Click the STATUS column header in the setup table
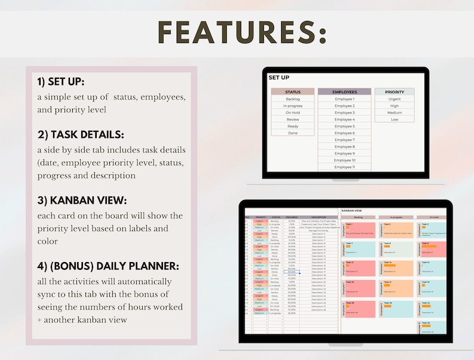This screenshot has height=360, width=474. [293, 92]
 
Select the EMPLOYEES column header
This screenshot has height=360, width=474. [344, 92]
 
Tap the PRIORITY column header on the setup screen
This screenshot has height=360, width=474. [395, 92]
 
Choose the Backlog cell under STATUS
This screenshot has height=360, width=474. [293, 99]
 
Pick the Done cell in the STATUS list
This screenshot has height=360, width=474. [293, 133]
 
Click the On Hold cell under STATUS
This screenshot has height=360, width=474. [293, 112]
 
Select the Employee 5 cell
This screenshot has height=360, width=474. [344, 126]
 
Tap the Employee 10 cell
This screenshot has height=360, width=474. [344, 160]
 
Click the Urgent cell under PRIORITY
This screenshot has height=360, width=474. [395, 99]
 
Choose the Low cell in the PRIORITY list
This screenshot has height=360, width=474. [395, 119]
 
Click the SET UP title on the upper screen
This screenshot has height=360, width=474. [279, 78]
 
